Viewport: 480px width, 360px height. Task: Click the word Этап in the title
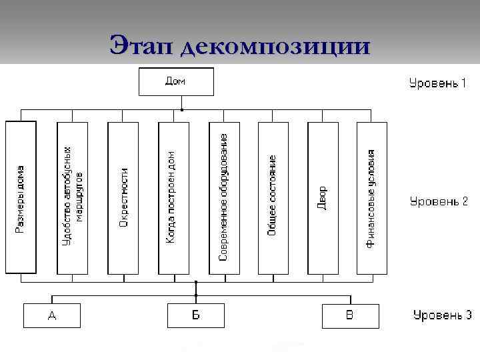click(x=138, y=46)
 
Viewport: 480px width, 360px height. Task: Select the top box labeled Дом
click(x=176, y=82)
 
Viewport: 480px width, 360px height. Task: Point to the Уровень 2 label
click(x=438, y=201)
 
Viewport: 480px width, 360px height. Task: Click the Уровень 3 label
click(x=442, y=315)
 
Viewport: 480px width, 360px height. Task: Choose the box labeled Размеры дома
click(x=21, y=198)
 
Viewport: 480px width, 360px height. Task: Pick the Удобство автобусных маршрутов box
click(x=72, y=198)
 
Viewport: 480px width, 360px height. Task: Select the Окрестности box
click(x=123, y=198)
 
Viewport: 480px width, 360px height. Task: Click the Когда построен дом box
click(x=173, y=198)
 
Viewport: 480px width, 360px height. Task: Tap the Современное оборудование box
click(x=223, y=198)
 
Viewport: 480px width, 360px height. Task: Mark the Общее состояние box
click(x=273, y=198)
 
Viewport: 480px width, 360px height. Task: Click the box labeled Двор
click(x=323, y=198)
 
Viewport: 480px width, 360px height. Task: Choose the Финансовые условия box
click(x=371, y=198)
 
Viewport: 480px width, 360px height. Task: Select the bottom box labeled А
click(x=52, y=315)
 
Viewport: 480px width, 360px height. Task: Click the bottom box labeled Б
click(x=195, y=315)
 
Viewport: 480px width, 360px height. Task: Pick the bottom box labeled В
click(x=350, y=315)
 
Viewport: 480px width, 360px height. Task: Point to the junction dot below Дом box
click(x=183, y=109)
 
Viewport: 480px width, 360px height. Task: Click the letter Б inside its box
click(x=195, y=315)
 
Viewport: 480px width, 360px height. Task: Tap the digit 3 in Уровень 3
click(x=469, y=315)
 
